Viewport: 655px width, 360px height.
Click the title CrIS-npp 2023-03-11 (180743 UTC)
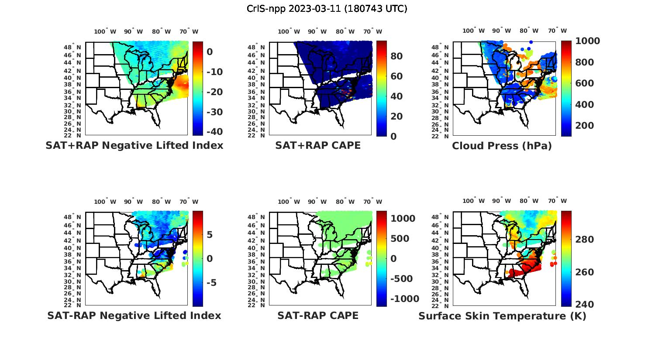tap(327, 9)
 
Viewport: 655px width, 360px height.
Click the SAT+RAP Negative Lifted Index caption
tap(134, 146)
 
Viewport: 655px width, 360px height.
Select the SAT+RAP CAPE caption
tap(318, 146)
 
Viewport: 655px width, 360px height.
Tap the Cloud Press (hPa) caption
tap(502, 146)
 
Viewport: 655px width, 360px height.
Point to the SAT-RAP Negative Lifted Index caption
tap(134, 316)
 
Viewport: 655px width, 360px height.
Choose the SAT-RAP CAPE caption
tap(318, 316)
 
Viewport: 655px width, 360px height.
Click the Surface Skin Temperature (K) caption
tap(502, 316)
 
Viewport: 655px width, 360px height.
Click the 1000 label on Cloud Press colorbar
tap(587, 41)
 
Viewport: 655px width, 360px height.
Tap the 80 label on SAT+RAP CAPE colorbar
tap(396, 56)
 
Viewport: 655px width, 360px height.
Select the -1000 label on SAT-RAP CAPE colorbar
tap(404, 299)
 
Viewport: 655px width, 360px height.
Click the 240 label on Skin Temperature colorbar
tap(585, 305)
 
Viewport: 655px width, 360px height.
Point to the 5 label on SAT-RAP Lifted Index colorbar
tap(210, 235)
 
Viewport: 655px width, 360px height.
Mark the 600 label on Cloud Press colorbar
tap(585, 83)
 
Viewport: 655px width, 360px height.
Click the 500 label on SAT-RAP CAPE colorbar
tap(400, 239)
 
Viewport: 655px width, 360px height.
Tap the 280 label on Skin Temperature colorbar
tap(585, 240)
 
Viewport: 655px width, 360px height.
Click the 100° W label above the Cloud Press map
tap(474, 31)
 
